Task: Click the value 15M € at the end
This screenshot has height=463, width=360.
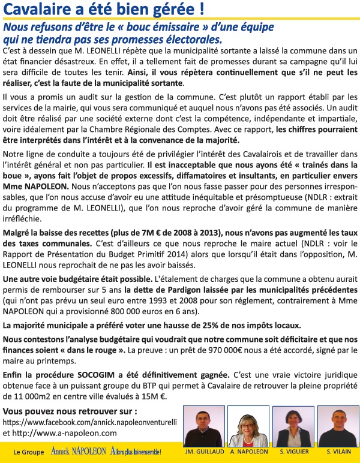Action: coord(153,396)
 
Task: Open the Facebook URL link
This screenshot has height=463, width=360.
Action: coord(90,422)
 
